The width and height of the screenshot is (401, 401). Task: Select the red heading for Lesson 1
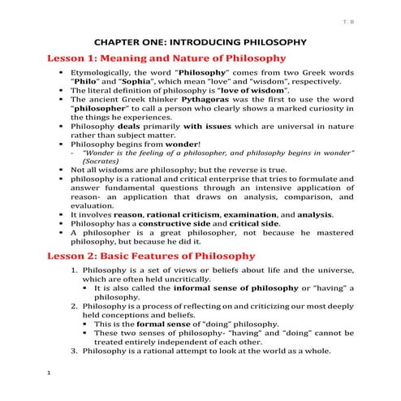click(154, 58)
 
